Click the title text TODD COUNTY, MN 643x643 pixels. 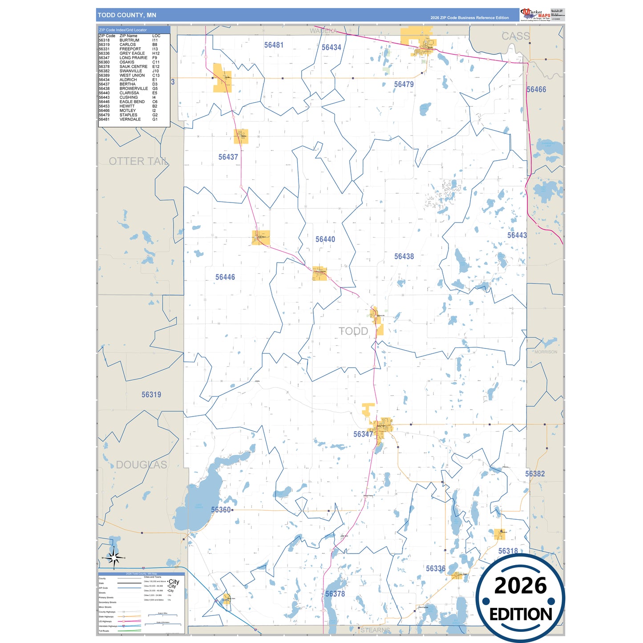click(x=127, y=15)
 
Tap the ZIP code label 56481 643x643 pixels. click(x=274, y=45)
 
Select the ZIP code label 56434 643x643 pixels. click(x=331, y=48)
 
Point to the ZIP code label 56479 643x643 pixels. click(x=404, y=84)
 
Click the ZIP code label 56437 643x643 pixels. click(x=228, y=157)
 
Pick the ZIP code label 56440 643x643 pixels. click(x=325, y=239)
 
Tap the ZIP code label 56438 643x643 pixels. click(x=404, y=256)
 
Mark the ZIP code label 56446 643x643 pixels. click(x=225, y=277)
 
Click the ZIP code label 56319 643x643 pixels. click(x=151, y=395)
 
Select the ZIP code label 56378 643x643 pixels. click(x=335, y=594)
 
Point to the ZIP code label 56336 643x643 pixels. click(x=435, y=569)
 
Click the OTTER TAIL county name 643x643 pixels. click(x=138, y=161)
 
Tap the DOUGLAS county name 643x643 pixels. click(x=142, y=465)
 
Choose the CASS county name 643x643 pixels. click(x=516, y=36)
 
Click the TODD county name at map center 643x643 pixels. click(x=354, y=331)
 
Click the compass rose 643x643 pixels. click(x=114, y=557)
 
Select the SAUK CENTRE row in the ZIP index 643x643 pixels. click(x=129, y=67)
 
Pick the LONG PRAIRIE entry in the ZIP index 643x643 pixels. click(x=129, y=58)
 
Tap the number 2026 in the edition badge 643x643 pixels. click(x=520, y=586)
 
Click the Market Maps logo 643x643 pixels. click(x=535, y=14)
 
